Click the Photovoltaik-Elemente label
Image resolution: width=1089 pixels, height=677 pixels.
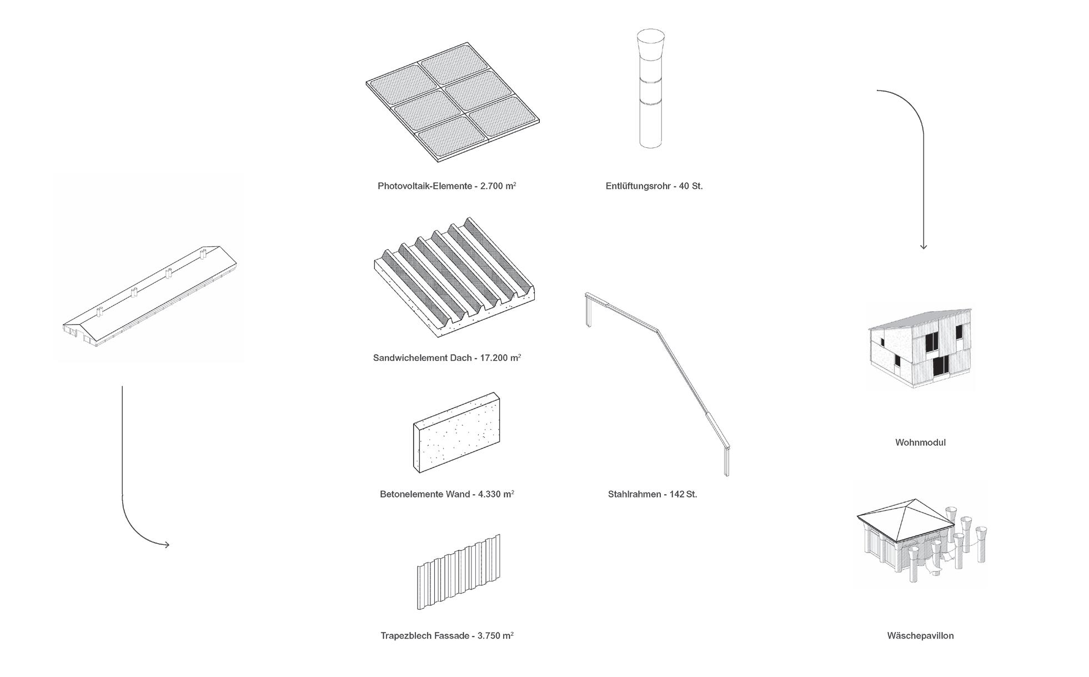(446, 186)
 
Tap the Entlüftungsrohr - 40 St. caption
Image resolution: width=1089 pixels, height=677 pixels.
(654, 186)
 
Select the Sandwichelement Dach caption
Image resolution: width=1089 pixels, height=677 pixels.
(446, 358)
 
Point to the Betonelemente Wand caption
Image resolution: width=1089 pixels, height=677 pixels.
(446, 494)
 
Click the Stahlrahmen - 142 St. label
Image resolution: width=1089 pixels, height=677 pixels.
(652, 494)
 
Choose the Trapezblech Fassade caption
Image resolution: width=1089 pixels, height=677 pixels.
(446, 635)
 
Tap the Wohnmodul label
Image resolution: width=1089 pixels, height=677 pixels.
(920, 442)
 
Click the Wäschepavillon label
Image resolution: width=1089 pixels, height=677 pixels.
(920, 635)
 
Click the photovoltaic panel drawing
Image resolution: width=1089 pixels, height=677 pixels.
(453, 101)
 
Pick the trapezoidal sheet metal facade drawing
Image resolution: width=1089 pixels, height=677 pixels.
(459, 573)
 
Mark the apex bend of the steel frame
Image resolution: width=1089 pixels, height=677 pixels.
(658, 331)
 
